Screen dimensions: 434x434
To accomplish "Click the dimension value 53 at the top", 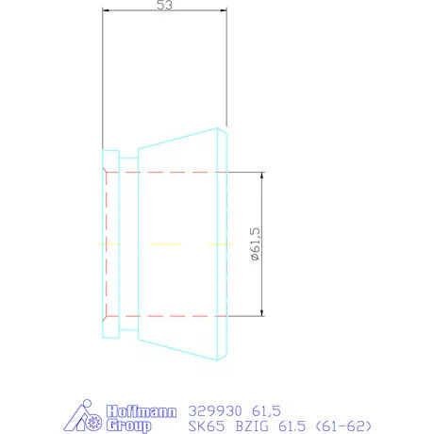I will coord(165,7).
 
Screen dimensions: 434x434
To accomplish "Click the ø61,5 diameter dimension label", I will coord(253,243).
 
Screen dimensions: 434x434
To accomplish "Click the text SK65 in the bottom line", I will coord(203,426).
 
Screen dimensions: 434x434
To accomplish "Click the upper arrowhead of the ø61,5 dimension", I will coord(261,176).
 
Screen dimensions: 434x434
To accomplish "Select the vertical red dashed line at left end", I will coord(107,243).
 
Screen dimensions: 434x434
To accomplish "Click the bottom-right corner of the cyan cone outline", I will coord(227,359).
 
